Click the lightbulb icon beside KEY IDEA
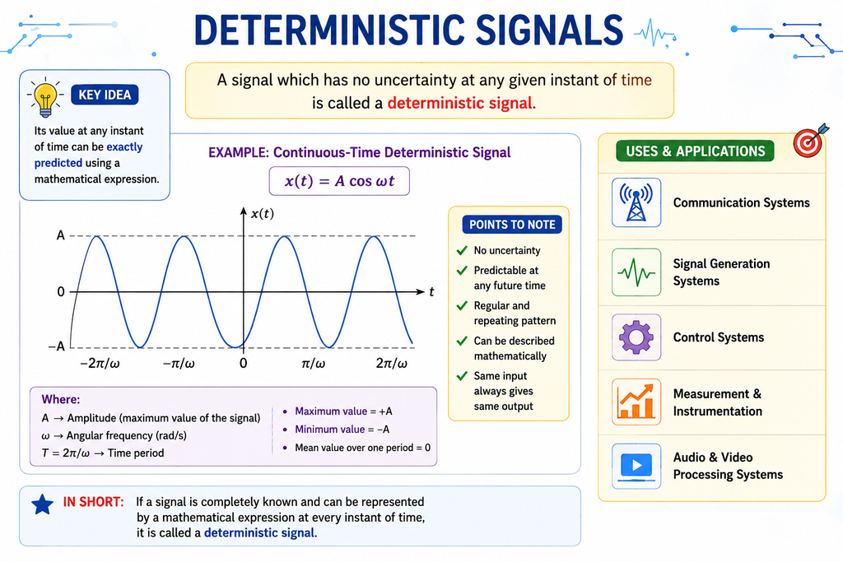pos(45,97)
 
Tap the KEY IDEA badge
pos(105,95)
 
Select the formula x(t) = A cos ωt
pos(339,181)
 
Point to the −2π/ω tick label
pos(100,363)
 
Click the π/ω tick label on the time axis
pos(313,363)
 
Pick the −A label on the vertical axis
pos(57,346)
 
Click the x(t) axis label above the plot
pos(263,214)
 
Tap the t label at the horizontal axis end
pos(431,292)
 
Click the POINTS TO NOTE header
pos(512,225)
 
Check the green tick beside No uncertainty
pos(462,250)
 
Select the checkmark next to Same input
pos(462,376)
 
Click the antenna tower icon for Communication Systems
pos(636,202)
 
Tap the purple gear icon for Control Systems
pos(636,337)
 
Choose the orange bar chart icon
pos(636,402)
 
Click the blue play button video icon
pos(636,466)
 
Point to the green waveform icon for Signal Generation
pos(636,272)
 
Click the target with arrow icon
pos(810,140)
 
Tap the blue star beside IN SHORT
pos(43,504)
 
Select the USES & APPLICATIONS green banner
pos(695,151)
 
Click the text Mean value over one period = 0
pos(362,448)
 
